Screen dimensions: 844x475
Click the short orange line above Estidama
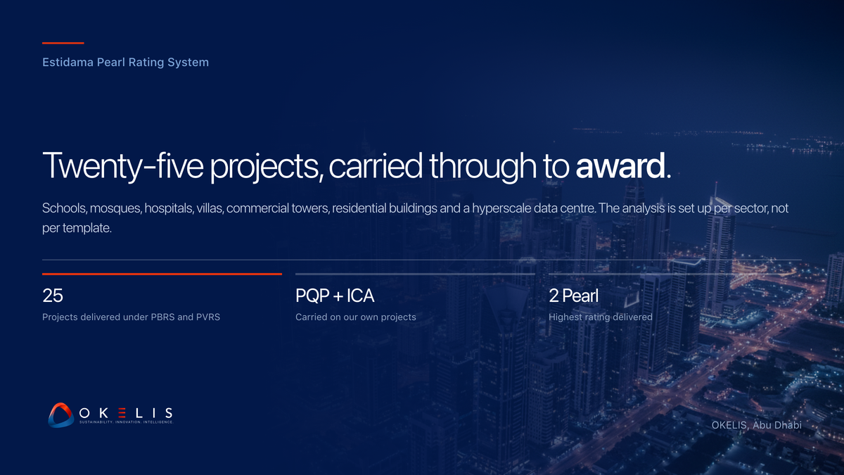63,43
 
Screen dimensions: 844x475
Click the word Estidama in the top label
68,62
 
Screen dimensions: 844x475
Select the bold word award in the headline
620,166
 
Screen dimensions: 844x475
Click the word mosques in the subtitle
115,208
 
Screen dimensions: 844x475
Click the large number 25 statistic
52,296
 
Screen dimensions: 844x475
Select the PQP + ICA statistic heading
335,296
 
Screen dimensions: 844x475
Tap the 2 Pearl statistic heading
573,296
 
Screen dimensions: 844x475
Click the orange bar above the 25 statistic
162,274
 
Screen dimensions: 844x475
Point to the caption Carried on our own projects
356,317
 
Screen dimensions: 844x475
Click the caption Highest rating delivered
600,317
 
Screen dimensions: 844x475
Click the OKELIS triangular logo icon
60,415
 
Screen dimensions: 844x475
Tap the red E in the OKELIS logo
122,413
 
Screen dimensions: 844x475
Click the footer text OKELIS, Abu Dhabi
756,425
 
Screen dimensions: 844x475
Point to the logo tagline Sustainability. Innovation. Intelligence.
126,422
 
